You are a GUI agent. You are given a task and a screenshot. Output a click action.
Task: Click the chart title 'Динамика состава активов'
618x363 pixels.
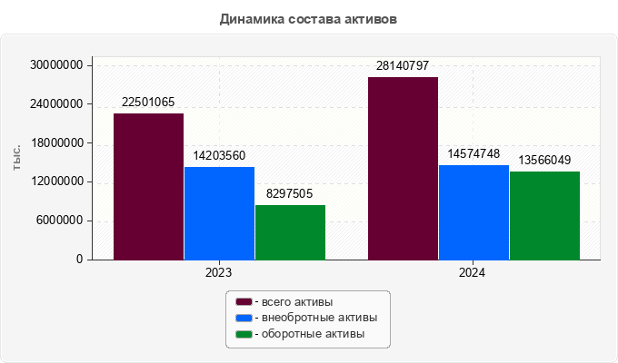pos(309,18)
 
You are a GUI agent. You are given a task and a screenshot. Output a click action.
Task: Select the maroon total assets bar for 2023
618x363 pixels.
pos(148,187)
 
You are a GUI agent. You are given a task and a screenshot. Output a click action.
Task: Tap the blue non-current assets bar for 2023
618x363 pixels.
pos(219,213)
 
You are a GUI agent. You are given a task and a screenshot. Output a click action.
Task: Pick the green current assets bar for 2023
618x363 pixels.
pos(290,232)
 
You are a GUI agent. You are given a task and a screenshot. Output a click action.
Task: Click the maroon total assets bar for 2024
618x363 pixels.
pos(403,169)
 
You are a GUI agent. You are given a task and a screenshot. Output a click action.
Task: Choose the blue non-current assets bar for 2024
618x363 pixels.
pos(473,212)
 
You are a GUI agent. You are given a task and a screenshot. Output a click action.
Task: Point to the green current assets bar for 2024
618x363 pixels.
pos(544,215)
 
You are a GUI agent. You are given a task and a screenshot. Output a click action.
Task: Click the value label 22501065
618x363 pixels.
pos(148,102)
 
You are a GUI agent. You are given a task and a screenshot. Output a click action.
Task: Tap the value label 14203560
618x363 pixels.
pos(219,155)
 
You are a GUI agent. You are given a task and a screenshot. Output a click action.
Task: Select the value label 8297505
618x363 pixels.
pos(290,193)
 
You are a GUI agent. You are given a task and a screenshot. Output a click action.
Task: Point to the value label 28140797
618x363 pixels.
pos(403,65)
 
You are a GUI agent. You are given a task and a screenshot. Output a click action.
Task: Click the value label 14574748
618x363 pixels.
pos(473,153)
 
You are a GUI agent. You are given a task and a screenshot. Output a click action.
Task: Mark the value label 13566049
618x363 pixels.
pos(544,160)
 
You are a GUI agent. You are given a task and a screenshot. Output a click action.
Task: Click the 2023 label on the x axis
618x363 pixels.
pos(219,272)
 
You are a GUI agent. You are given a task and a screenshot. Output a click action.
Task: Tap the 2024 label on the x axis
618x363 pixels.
pos(472,272)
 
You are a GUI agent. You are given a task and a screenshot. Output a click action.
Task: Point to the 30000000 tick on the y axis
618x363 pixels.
pos(56,65)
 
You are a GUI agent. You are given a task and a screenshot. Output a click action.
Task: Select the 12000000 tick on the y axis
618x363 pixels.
pos(56,181)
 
